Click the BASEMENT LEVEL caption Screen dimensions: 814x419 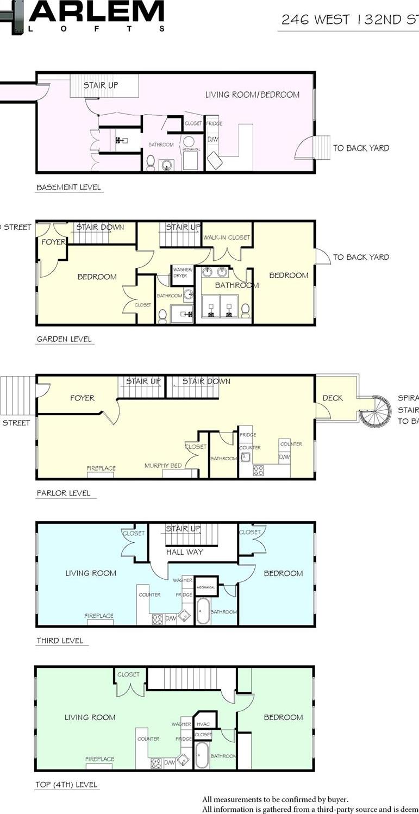coord(68,187)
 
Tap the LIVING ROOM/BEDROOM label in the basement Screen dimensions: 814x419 coord(252,95)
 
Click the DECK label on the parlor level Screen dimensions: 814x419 coord(332,398)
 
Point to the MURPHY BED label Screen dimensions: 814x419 coord(162,466)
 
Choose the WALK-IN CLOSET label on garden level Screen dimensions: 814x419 coord(227,237)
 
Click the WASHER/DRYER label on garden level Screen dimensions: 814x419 coord(180,272)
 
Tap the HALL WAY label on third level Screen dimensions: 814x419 coord(185,552)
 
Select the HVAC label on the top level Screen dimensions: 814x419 coord(203,724)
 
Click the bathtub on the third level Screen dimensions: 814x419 coord(203,612)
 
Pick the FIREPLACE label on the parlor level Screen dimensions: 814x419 coord(101,468)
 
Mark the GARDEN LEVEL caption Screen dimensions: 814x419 coord(64,339)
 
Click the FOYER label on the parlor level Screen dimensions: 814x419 coord(82,398)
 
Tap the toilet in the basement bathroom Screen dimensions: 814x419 coord(151,162)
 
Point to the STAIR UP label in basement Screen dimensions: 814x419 coord(101,85)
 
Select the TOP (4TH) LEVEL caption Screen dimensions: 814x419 coord(67,785)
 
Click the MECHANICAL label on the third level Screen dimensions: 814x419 coord(206,587)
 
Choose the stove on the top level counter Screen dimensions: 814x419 coord(157,762)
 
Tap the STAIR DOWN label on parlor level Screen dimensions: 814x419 coord(206,381)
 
